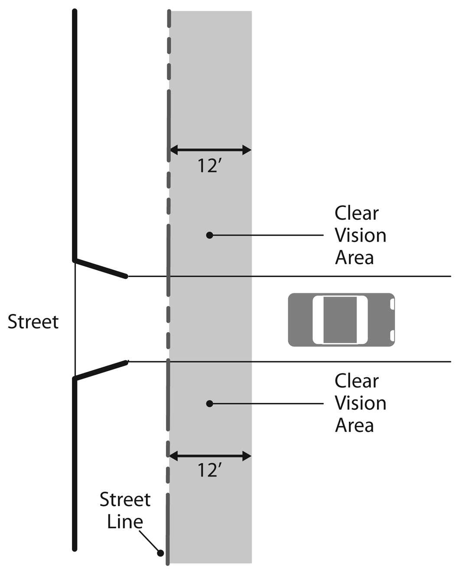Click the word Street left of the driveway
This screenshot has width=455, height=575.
pos(33,322)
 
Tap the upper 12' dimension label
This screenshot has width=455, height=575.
pos(210,166)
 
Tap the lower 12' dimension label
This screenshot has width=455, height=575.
pos(210,470)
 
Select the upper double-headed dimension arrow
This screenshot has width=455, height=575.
pos(210,150)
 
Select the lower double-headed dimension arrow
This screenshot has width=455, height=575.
pos(210,456)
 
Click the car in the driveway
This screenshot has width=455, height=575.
pos(341,320)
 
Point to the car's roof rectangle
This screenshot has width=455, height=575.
pos(340,320)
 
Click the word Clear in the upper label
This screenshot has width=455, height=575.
pos(356,213)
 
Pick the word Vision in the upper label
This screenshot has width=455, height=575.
pos(360,235)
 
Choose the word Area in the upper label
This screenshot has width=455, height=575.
pos(354,258)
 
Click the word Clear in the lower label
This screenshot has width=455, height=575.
pos(356,381)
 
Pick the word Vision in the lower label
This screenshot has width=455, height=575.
pos(360,403)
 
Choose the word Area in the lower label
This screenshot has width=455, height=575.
pos(354,425)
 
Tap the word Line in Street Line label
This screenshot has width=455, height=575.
pos(125,522)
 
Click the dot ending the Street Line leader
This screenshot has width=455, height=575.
pos(160,553)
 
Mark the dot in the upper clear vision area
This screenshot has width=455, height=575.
pos(210,235)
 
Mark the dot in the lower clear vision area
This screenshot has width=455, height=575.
pos(210,403)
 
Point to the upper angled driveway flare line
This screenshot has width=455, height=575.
pos(101,268)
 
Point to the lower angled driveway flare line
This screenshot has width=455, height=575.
pos(101,370)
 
